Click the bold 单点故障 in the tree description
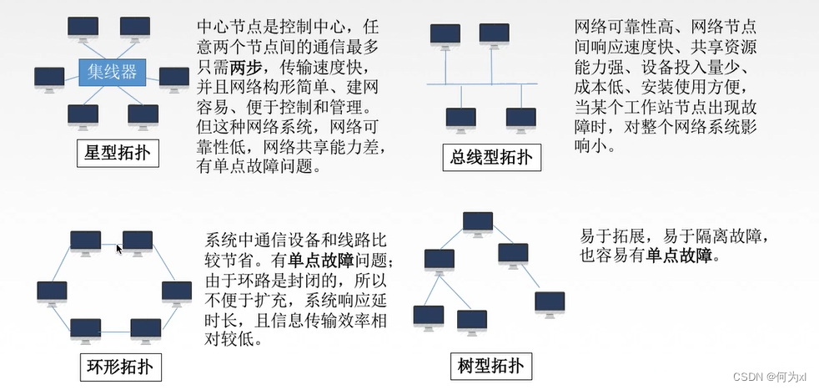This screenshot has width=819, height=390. click(681, 257)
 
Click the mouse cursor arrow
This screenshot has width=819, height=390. click(119, 248)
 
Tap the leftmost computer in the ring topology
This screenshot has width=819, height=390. click(52, 292)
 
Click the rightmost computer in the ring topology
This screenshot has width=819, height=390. click(176, 292)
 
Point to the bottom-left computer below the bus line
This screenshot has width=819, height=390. click(460, 119)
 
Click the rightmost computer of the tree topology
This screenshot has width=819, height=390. click(549, 303)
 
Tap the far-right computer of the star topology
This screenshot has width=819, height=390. click(173, 78)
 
